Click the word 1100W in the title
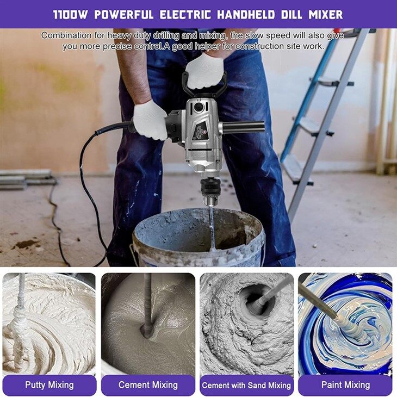[70, 15]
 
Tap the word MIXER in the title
[326, 15]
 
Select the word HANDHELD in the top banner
[246, 15]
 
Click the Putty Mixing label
[49, 385]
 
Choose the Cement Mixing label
[148, 385]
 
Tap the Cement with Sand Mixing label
[246, 386]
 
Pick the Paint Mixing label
[345, 385]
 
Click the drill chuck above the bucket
[209, 191]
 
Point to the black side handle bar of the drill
[242, 126]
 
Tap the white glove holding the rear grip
[150, 120]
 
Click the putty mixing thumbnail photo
[49, 324]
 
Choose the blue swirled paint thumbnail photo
[345, 324]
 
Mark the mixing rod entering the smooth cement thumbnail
[147, 304]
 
